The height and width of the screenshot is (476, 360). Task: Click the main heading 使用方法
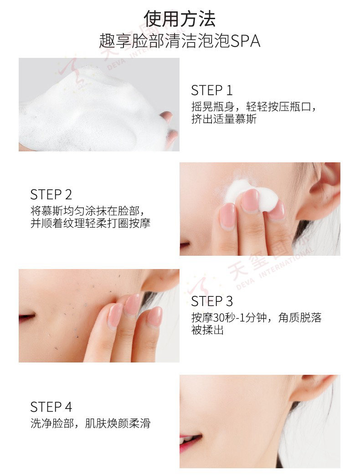click(180, 19)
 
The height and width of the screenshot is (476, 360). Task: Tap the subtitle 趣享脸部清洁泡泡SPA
click(180, 41)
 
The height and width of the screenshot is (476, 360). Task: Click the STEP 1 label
click(212, 90)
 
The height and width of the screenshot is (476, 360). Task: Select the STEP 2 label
click(51, 195)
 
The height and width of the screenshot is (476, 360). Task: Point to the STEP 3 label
click(212, 301)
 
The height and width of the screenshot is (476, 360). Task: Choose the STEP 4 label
click(51, 407)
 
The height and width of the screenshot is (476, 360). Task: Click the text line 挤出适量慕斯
click(224, 119)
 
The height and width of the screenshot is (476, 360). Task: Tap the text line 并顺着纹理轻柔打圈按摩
click(90, 223)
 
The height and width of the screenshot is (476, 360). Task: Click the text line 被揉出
click(207, 330)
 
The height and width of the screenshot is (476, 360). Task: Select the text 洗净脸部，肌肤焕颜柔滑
click(90, 423)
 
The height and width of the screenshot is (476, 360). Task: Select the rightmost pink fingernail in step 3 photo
click(155, 316)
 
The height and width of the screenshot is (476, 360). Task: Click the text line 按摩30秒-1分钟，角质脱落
click(256, 317)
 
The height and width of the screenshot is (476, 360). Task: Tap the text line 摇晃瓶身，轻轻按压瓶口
click(253, 107)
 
